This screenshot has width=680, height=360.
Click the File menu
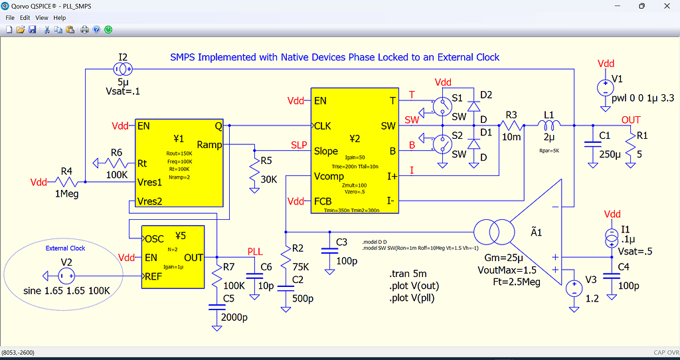[x=9, y=17]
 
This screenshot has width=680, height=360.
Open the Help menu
[x=60, y=17]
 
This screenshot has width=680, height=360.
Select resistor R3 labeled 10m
[x=511, y=124]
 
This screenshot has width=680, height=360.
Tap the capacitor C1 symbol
[x=588, y=146]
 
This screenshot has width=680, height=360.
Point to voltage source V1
[x=605, y=87]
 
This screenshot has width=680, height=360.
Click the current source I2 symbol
[x=123, y=68]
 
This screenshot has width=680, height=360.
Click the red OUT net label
[x=631, y=120]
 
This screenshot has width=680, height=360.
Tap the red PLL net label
[x=255, y=251]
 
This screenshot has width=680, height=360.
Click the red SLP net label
[x=299, y=145]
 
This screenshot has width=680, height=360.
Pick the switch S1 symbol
[x=439, y=105]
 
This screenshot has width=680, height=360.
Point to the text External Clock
[x=66, y=248]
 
